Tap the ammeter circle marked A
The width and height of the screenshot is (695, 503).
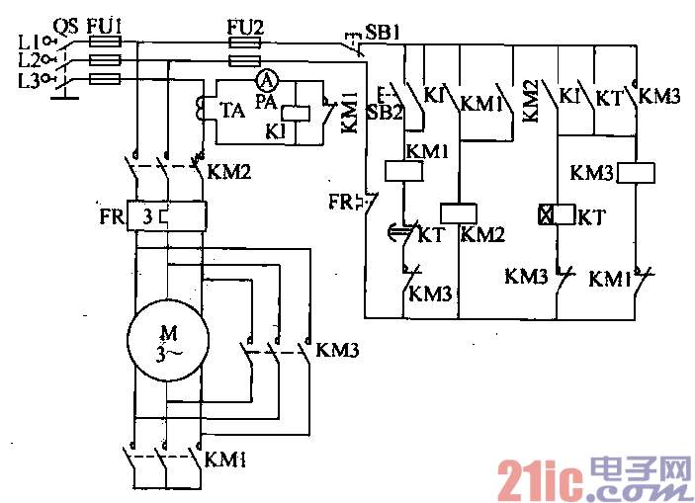[265, 80]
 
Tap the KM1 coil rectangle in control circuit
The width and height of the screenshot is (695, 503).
[404, 171]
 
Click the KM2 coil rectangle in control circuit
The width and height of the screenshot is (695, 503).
[460, 211]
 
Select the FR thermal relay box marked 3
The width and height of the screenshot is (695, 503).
[165, 214]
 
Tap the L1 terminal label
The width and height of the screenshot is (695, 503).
[28, 42]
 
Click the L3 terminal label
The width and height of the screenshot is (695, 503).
[28, 80]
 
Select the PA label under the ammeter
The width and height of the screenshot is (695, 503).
[266, 101]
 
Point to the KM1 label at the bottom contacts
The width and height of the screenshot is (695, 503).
[226, 460]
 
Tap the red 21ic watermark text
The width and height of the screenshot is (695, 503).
[536, 480]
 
